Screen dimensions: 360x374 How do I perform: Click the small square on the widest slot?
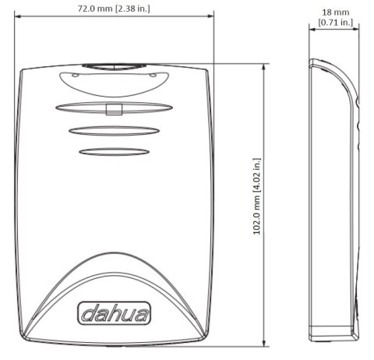(114, 108)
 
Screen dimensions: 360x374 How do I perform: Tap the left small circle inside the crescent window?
(74, 76)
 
